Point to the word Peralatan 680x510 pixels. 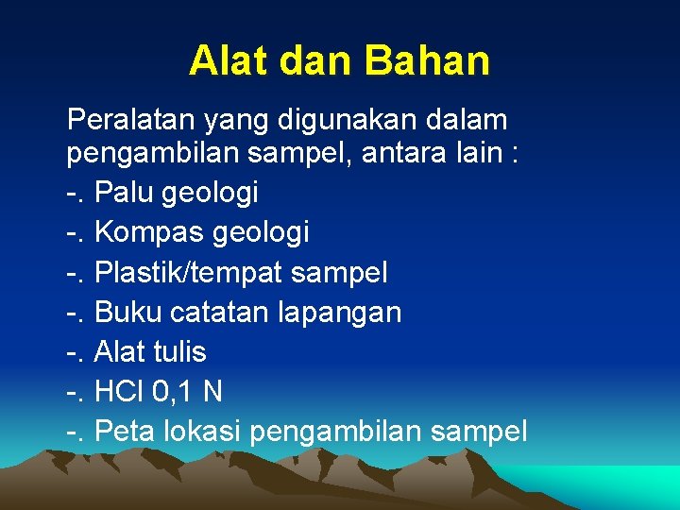click(x=127, y=121)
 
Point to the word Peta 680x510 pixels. click(x=127, y=432)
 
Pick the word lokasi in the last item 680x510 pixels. click(x=205, y=432)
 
